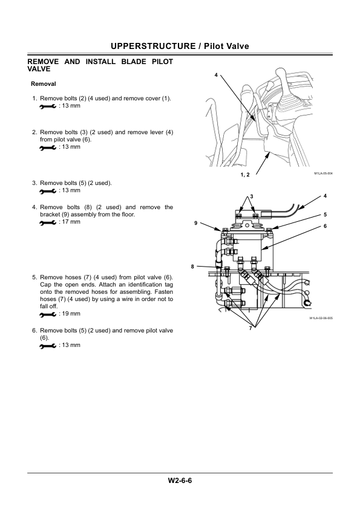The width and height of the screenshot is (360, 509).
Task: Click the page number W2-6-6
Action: tap(180, 481)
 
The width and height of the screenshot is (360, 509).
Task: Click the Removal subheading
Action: tap(43, 84)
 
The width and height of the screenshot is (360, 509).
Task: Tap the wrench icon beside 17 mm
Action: tap(48, 222)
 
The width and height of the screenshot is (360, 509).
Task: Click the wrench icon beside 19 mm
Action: tap(48, 314)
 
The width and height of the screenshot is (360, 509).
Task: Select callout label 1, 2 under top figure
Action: tap(245, 175)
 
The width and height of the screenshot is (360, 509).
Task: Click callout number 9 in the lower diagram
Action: tap(195, 223)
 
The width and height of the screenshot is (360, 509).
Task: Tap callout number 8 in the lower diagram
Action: tap(192, 267)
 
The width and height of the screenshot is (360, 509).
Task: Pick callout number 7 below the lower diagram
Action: tap(250, 328)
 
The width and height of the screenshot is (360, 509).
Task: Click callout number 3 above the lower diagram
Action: tap(252, 196)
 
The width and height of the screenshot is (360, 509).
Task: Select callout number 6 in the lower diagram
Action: tap(326, 226)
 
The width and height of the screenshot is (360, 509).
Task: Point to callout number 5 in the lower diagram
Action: tap(326, 215)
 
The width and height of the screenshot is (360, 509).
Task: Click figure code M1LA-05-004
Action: tap(323, 173)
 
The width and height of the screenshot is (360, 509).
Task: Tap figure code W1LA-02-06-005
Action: tap(321, 318)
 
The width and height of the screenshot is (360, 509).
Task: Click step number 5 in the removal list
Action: tap(34, 277)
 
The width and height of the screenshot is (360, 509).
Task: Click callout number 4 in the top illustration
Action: tap(216, 76)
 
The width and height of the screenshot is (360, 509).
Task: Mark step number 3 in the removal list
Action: tap(34, 183)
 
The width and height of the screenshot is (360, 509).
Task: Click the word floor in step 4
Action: tap(128, 214)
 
